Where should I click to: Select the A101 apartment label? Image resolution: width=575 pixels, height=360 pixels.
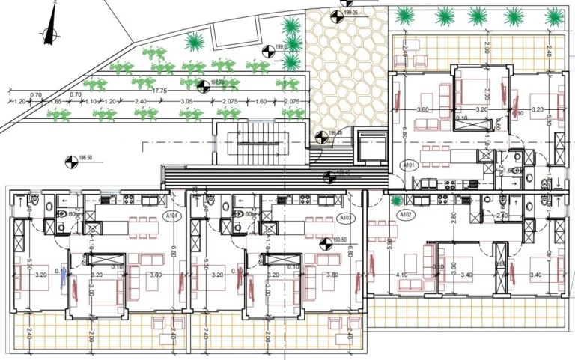409,165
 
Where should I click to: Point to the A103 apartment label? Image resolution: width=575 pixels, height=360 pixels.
345,218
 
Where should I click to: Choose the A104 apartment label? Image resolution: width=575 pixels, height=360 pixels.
171,216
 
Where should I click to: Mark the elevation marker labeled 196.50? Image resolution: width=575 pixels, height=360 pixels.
70,159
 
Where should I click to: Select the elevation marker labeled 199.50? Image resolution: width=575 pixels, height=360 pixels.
326,242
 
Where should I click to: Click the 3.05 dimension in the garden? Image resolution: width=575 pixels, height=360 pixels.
187,101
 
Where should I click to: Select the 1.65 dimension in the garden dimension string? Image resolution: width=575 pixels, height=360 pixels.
35,101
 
